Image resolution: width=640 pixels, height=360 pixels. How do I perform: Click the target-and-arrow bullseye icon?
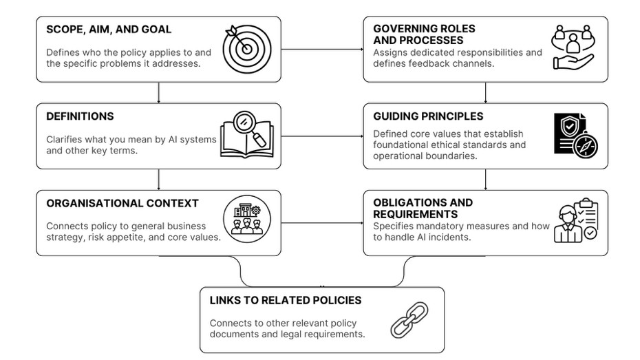pos(247,49)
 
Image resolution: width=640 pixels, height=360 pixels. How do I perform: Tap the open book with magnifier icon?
pos(247,135)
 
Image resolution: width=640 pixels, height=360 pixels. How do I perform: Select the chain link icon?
pos(409,320)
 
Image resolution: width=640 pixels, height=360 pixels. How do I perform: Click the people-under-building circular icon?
pos(247,219)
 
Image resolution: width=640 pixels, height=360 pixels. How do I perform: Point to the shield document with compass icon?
pos(576,136)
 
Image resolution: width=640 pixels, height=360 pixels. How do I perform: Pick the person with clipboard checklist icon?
pos(576,220)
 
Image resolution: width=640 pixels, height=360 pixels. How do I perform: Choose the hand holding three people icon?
pos(573,47)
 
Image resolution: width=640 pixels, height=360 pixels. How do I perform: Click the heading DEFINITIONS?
pos(80,116)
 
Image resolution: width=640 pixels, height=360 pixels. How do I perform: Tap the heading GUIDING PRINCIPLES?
pos(428,116)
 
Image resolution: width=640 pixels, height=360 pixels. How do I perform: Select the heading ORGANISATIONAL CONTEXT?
pos(122,203)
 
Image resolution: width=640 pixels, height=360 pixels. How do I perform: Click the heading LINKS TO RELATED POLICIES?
pos(286,300)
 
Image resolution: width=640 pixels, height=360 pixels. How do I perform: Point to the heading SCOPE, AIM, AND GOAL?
pos(109,30)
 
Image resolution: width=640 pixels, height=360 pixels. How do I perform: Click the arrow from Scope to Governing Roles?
pos(322,50)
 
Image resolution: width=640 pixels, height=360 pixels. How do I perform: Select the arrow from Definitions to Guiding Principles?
pos(322,136)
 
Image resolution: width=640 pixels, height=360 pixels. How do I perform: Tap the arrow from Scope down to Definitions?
pos(159,93)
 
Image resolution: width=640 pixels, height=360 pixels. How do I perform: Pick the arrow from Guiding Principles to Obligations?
pos(485,180)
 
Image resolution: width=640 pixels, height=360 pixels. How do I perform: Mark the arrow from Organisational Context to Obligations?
pos(322,223)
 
